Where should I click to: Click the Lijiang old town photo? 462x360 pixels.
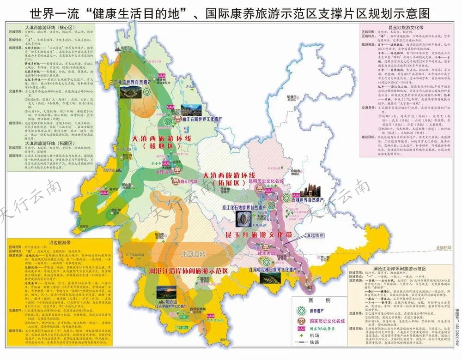190,110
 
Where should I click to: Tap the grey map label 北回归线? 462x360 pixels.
193,254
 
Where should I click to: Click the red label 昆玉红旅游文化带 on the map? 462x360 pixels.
259,235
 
